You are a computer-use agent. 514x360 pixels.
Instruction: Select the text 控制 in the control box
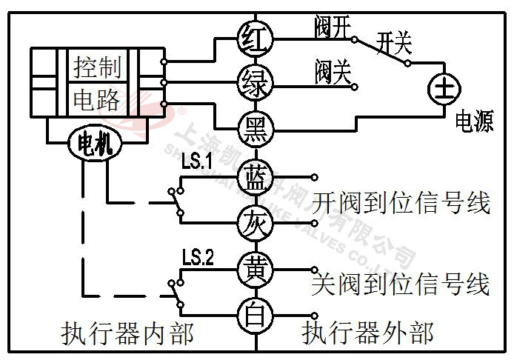[x=97, y=67]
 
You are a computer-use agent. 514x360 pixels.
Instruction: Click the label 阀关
[x=332, y=71]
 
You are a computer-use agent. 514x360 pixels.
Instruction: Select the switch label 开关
[x=393, y=42]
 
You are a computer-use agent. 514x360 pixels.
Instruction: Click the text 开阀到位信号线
[x=401, y=202]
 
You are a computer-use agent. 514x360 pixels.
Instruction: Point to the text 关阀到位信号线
[x=401, y=284]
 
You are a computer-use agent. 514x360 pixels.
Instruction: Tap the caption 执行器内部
[x=127, y=334]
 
